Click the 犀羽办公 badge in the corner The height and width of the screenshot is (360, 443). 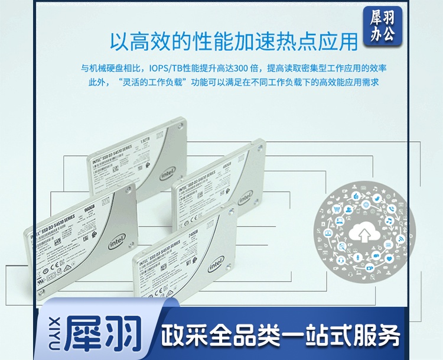(383, 25)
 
